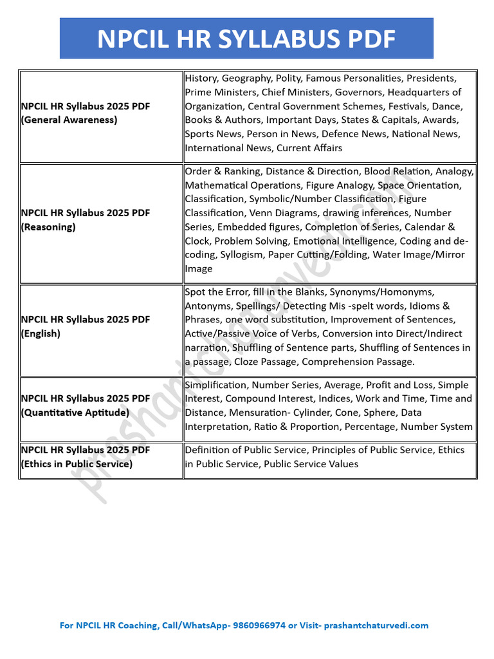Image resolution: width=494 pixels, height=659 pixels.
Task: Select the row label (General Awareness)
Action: [69, 120]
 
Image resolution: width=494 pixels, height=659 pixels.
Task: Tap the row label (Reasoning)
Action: [49, 227]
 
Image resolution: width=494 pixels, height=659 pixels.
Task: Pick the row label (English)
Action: [42, 333]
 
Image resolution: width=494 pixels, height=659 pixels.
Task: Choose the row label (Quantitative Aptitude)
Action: [75, 413]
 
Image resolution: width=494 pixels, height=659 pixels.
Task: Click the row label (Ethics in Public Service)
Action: [77, 464]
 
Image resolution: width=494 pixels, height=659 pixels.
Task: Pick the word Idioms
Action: [424, 306]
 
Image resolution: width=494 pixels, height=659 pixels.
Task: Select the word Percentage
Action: [372, 427]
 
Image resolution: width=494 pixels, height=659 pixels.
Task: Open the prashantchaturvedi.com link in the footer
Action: [376, 625]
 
